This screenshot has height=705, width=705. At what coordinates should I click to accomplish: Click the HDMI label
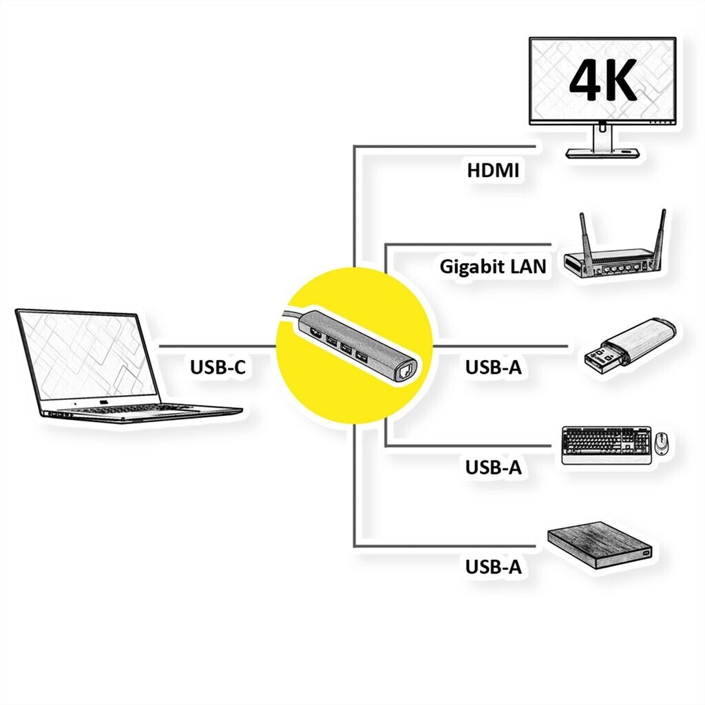[493, 171]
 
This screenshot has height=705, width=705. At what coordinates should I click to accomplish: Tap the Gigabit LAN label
[493, 266]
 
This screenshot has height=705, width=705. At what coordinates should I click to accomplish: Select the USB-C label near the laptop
[218, 367]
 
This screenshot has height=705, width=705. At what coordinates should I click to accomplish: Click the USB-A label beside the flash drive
[493, 367]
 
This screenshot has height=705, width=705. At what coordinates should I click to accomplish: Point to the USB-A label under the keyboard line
[493, 467]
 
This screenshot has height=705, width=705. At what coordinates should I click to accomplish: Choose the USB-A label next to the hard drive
[493, 567]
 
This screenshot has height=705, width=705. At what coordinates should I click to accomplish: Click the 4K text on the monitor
[602, 80]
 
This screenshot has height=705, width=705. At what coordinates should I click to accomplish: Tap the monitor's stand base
[602, 153]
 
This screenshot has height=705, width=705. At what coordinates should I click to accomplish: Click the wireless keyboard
[607, 445]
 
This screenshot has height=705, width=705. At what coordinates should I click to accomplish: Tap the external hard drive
[600, 545]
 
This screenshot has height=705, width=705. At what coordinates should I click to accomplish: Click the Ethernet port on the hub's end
[403, 371]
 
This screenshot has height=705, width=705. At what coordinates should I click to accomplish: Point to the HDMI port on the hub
[316, 334]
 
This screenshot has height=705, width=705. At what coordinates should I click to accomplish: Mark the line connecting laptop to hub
[218, 346]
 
